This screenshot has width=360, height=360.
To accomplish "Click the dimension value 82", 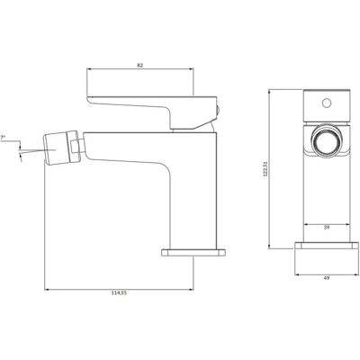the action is tap(140, 65).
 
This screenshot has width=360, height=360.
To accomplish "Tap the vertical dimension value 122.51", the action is tap(265, 171).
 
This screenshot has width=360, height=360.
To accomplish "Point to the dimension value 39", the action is tap(327, 228).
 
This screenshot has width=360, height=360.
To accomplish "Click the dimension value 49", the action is tap(327, 278).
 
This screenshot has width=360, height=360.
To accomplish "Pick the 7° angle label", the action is tap(3, 138).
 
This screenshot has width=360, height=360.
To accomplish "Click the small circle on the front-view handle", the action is tap(327, 103).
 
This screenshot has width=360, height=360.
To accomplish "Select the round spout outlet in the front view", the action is tap(327, 141).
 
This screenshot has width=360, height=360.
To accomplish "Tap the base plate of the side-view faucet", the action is tap(193, 252).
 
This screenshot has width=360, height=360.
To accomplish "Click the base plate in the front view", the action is tap(327, 246).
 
